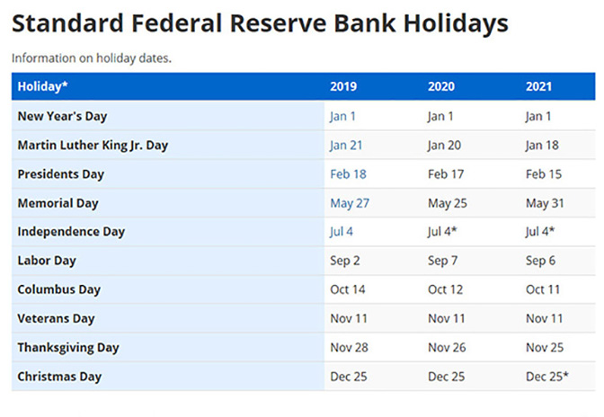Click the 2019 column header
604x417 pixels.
(343, 86)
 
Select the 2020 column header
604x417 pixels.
(441, 86)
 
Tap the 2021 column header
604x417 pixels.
(538, 86)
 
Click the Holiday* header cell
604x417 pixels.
(43, 86)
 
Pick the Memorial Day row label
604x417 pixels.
(58, 203)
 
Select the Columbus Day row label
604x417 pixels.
(59, 289)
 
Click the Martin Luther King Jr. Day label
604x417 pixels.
(93, 146)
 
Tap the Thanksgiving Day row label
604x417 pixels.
(68, 348)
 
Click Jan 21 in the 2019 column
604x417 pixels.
(346, 146)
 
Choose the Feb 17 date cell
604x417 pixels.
(446, 174)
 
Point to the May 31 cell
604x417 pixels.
(545, 203)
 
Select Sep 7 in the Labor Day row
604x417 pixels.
(442, 261)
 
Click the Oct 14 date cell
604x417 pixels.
(348, 289)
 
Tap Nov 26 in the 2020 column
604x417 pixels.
(447, 348)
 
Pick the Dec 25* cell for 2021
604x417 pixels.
(547, 377)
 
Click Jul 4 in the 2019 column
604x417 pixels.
(341, 231)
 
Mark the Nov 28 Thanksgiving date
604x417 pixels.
(349, 348)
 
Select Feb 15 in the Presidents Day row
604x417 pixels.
(544, 174)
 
